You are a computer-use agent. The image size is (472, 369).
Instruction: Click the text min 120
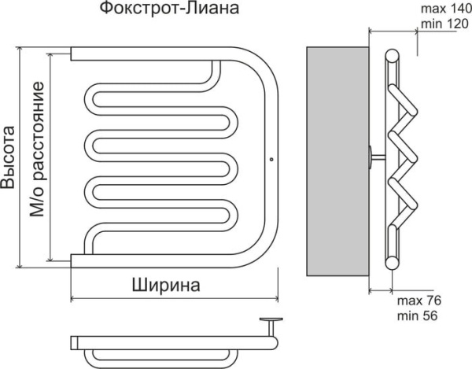tap(443, 24)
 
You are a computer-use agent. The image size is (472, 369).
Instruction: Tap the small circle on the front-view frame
tap(271, 160)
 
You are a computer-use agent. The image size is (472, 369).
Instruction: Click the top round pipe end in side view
tap(391, 54)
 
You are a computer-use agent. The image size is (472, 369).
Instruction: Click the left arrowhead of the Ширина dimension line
tap(74, 298)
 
